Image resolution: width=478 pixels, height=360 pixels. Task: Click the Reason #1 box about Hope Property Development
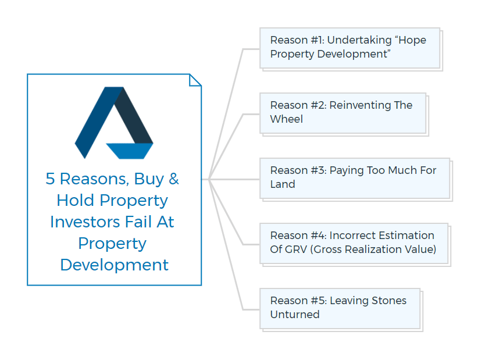(350, 48)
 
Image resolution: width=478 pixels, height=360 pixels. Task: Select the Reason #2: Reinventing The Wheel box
(343, 113)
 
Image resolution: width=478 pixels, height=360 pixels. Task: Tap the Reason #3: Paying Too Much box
(355, 179)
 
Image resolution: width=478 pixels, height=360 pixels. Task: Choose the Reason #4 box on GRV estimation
(354, 244)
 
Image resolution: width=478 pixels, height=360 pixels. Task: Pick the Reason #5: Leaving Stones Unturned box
(340, 308)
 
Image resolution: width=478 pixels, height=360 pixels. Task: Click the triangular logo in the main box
(114, 123)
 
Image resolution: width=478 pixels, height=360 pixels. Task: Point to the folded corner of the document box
(195, 80)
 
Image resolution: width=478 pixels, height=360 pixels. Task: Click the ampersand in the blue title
(173, 179)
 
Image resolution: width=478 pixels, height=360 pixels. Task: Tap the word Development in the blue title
(115, 265)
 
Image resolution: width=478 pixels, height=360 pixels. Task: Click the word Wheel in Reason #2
(287, 119)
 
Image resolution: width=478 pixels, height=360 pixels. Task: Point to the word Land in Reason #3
(283, 184)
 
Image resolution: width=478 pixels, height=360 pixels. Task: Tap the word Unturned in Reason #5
(295, 314)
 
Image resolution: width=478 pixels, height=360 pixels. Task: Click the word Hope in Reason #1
(412, 40)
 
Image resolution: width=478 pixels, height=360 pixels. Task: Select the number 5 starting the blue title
(50, 179)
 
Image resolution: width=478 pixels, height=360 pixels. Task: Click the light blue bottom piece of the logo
(130, 151)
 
